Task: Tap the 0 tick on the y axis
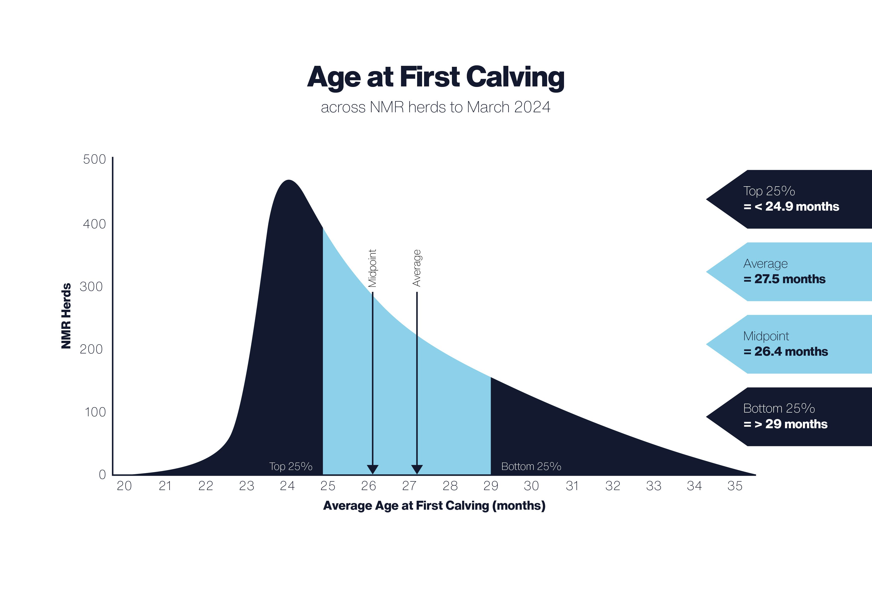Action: (x=102, y=474)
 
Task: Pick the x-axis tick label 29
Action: (x=491, y=486)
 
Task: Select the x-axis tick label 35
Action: (x=735, y=486)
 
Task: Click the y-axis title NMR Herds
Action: (x=66, y=316)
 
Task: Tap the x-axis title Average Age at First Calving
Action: (x=434, y=506)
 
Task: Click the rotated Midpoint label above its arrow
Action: (x=372, y=268)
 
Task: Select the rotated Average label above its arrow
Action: (x=417, y=268)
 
